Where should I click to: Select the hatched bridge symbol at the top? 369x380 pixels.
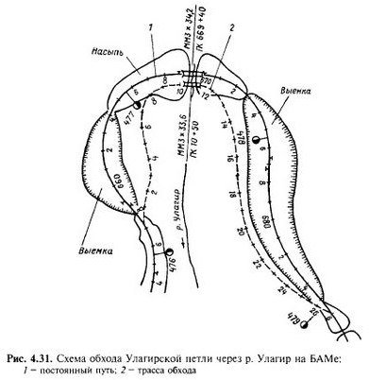pos(194,78)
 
